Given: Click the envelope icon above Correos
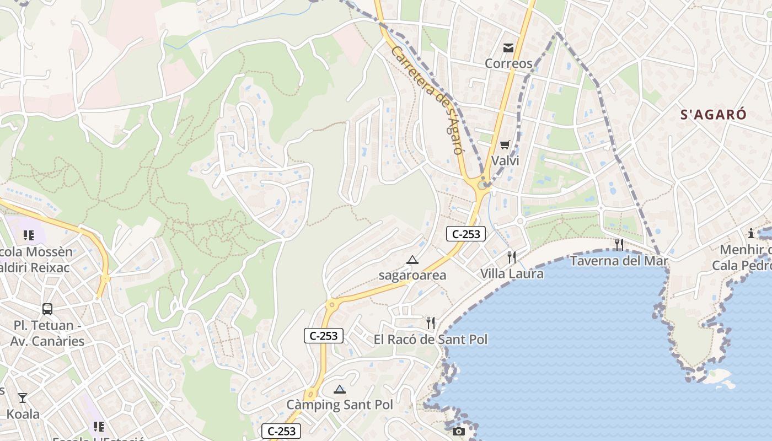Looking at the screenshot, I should (508, 48).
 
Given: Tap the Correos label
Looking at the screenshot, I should (508, 63).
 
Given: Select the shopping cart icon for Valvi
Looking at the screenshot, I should (505, 145).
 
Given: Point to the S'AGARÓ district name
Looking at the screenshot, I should (713, 115).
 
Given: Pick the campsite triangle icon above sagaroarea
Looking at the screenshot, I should (412, 260).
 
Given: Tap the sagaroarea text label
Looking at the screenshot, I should (412, 275).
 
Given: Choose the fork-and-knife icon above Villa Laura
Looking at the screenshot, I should (512, 257).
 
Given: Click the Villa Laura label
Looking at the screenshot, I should (512, 273).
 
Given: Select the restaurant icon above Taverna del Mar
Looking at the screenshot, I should (619, 245).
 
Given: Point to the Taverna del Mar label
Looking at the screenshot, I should (619, 261).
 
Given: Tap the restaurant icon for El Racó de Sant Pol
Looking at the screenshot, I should (431, 323).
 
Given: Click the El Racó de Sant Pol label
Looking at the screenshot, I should (431, 339).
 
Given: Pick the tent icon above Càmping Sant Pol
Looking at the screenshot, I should (340, 389).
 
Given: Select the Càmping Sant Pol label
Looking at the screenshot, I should (340, 405).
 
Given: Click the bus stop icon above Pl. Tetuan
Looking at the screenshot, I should (47, 309).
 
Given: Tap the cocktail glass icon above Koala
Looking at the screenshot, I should (23, 398).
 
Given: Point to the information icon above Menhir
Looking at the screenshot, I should (750, 233).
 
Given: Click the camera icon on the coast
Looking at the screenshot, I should (459, 431).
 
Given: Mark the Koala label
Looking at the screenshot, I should (23, 413).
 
